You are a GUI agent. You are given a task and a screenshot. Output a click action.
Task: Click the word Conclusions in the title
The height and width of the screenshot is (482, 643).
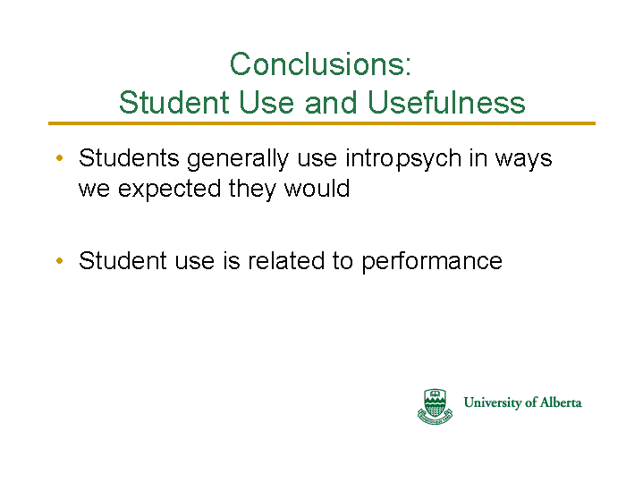click(317, 64)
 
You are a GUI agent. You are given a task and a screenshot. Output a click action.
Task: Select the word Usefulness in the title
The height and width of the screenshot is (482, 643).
click(446, 102)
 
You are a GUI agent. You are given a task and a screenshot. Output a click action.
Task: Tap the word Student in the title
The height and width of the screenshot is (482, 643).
click(173, 102)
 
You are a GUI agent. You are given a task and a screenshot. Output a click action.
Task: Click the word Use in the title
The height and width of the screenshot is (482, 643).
click(267, 102)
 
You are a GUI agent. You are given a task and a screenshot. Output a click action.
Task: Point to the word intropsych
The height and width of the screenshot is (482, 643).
click(403, 159)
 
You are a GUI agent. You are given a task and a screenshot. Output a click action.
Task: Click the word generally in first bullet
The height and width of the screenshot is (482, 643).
click(238, 159)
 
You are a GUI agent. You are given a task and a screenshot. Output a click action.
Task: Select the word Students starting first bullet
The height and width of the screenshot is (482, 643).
click(129, 158)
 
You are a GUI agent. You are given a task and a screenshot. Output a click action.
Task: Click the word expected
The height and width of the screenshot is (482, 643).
click(169, 190)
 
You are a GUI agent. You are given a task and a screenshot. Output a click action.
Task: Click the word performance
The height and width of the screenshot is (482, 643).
click(432, 261)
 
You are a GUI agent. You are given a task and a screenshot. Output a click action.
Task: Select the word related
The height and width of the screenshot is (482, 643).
click(286, 260)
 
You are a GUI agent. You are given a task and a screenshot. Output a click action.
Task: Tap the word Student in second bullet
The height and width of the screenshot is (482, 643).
click(123, 260)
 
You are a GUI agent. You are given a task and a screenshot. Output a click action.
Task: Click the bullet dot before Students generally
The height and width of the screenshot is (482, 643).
click(59, 158)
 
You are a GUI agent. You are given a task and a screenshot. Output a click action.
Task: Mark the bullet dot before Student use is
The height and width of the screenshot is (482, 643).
click(59, 260)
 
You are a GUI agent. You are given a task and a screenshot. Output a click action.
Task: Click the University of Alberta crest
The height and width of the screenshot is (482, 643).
click(435, 406)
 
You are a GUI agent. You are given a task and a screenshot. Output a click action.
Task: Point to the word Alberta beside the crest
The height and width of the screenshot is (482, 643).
click(561, 402)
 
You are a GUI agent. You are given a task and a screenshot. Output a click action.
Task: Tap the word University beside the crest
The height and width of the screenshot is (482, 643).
click(492, 402)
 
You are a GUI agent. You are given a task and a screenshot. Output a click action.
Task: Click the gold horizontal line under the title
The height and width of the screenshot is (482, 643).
click(322, 123)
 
